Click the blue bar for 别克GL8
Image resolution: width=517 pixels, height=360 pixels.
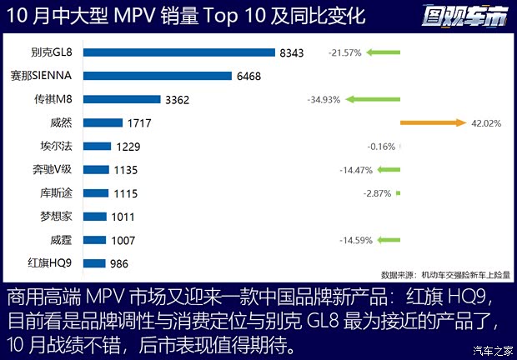pos(179,52)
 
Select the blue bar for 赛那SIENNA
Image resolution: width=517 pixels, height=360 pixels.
pos(158,76)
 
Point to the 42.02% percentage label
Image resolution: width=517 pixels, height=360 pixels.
pos(487,122)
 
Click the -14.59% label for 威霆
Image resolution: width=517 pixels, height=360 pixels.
pos(355,240)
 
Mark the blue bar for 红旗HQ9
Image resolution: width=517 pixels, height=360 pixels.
pos(95,263)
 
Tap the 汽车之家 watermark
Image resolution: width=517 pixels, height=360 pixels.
pos(492,349)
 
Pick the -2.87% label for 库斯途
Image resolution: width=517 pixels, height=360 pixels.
pos(378,193)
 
